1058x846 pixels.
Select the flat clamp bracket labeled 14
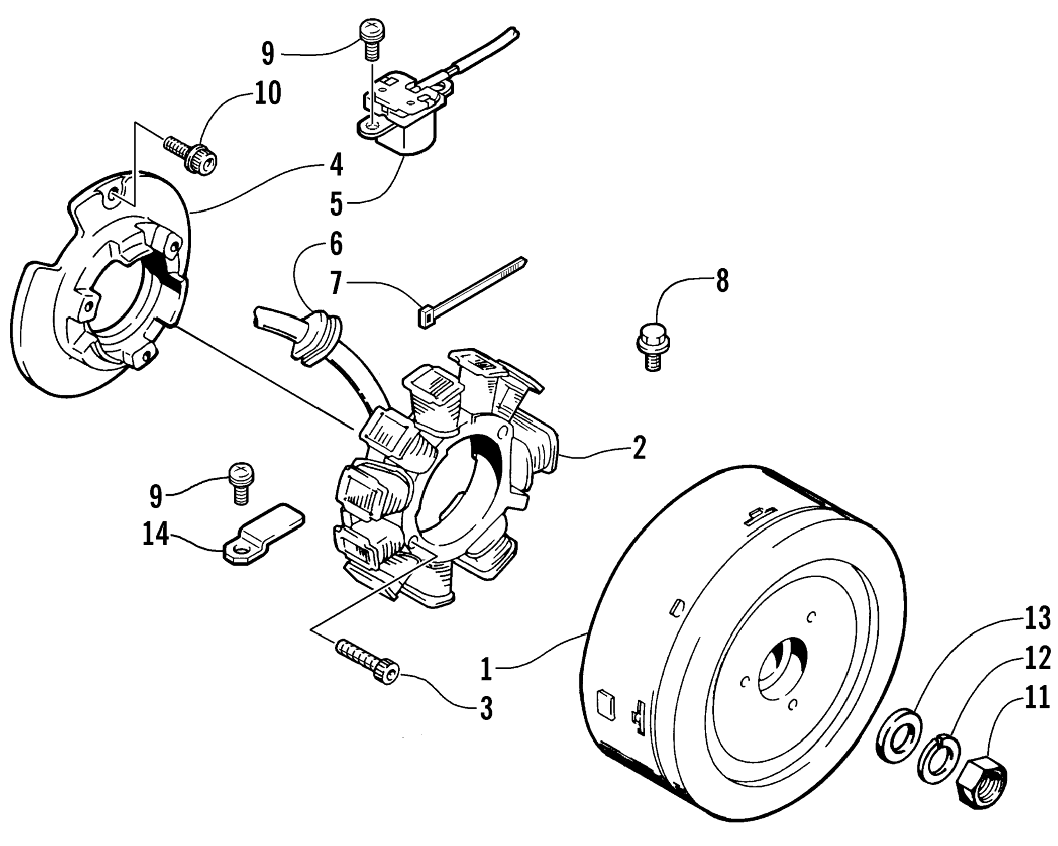(x=264, y=535)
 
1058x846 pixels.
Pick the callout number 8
(x=722, y=282)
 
